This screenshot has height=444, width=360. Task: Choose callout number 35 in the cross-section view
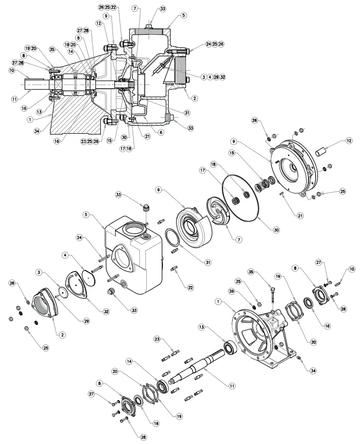coord(52,49)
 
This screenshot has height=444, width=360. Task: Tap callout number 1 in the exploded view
coord(218,302)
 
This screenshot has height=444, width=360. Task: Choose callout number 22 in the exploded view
coord(191,287)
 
